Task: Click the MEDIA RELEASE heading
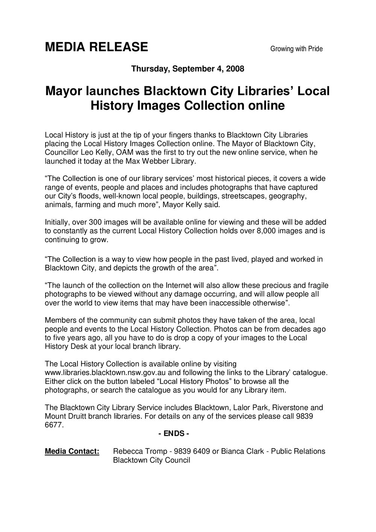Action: (x=96, y=47)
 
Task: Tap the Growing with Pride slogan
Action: (x=297, y=49)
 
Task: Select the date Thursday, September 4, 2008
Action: (x=188, y=69)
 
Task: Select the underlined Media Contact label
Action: (x=72, y=451)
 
